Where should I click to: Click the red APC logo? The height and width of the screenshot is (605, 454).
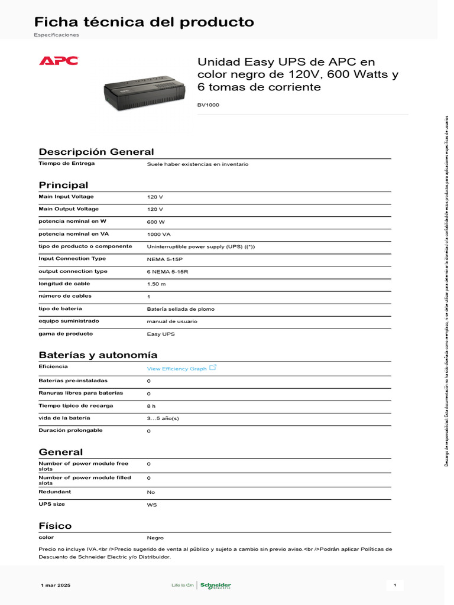click(59, 61)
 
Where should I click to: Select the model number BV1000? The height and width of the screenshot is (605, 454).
click(207, 105)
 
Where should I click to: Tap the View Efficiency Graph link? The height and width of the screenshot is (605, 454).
click(177, 369)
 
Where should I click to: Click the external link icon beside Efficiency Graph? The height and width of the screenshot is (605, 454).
click(213, 367)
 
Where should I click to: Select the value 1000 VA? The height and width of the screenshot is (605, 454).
click(158, 235)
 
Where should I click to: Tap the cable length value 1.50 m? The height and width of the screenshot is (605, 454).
click(156, 284)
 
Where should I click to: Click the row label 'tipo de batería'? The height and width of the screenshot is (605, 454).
click(60, 308)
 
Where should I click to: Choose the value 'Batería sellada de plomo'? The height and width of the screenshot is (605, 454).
click(180, 309)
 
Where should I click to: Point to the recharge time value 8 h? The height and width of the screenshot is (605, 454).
click(151, 406)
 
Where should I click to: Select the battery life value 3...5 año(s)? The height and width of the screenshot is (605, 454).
click(163, 418)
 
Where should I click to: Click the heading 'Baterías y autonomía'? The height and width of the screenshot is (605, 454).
click(98, 355)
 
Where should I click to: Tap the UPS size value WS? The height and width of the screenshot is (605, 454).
click(152, 505)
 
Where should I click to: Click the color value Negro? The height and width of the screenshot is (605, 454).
click(155, 538)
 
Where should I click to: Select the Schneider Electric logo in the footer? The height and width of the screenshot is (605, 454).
click(215, 586)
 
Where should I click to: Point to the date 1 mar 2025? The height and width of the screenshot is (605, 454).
click(56, 586)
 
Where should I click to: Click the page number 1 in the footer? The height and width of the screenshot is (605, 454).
click(394, 586)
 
